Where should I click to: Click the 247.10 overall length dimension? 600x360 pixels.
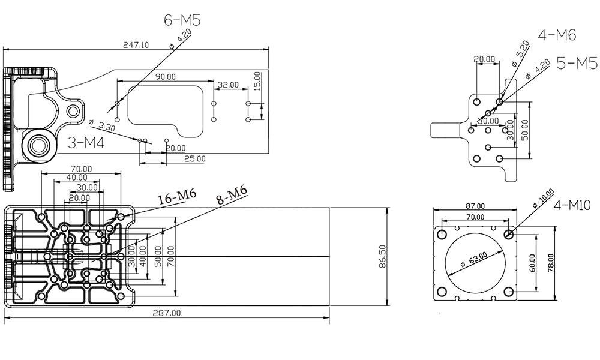[136, 45]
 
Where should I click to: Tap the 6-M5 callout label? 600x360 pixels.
[182, 20]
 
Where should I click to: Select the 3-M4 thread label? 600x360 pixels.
[86, 143]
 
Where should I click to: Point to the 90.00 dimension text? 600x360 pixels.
[166, 77]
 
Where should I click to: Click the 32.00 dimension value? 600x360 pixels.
[228, 85]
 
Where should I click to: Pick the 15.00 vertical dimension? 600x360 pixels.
[257, 80]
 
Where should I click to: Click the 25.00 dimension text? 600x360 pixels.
[194, 159]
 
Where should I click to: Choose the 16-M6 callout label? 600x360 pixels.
[177, 196]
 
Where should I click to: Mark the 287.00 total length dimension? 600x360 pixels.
[167, 313]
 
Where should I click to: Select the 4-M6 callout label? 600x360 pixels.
[557, 35]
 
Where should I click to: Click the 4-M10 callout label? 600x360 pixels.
[572, 206]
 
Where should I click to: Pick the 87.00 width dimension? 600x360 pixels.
[475, 206]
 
